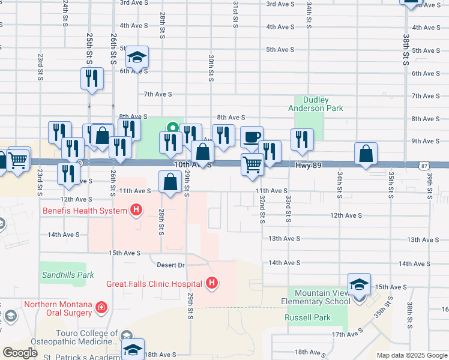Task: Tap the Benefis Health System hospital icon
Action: tap(136, 210)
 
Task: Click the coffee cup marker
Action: tap(252, 136)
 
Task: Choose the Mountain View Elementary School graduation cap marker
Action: tap(359, 284)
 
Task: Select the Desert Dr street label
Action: tap(170, 265)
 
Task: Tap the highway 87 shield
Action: tap(425, 165)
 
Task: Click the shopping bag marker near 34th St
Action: tap(366, 154)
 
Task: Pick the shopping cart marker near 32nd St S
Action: tap(252, 164)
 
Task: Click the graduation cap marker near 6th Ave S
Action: tap(137, 58)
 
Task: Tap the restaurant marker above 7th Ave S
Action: tap(92, 78)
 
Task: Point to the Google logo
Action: tap(19, 353)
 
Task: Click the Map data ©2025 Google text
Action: tap(412, 355)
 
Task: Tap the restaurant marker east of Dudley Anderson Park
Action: tap(302, 139)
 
